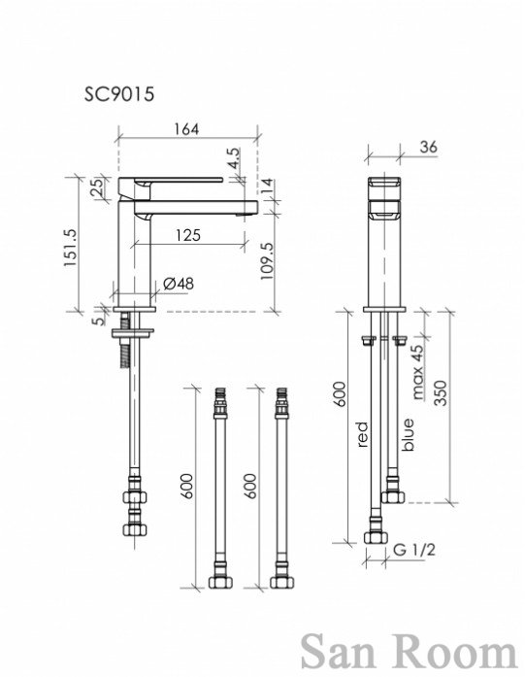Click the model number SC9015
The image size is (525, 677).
pos(119,94)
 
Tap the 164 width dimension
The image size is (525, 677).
pos(186,128)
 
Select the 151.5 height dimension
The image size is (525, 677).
pos(70,247)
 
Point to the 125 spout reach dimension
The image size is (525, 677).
pos(188,235)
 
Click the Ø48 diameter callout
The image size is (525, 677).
pos(179,284)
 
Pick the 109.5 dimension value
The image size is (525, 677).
pos(267,260)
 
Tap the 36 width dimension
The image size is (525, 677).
pos(428,147)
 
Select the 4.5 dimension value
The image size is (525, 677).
pos(233,159)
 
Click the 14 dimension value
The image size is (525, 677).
pos(267,186)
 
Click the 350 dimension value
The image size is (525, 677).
pos(441,392)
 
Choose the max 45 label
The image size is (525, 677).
pos(418,372)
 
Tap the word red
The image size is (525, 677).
pos(362,434)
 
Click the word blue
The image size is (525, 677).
pos(408,434)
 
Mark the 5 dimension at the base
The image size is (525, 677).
pos(99,321)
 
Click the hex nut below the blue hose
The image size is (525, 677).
pos(393,496)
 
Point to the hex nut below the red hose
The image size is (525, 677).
pos(376,537)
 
